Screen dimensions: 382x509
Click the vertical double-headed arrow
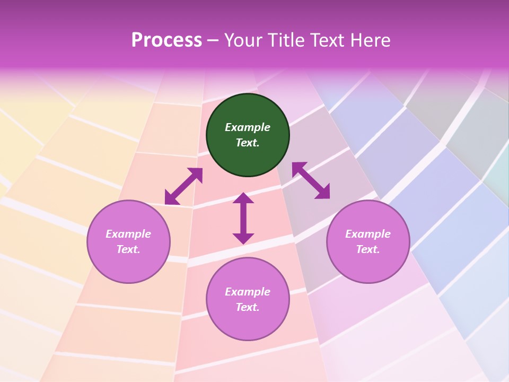[x=243, y=218]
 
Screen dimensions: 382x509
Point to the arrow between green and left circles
[x=183, y=186]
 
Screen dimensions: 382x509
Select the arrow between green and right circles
[x=311, y=180]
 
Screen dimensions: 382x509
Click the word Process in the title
[x=166, y=40]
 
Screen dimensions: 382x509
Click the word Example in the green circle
[x=248, y=127]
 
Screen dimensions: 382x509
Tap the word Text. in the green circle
[x=248, y=143]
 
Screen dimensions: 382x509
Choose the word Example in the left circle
[x=128, y=234]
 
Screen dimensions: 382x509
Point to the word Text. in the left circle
[x=128, y=249]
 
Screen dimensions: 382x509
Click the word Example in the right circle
[x=368, y=234]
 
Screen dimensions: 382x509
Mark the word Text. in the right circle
[x=368, y=249]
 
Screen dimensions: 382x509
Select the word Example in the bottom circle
[x=248, y=292]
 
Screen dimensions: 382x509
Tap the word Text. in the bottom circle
[x=248, y=307]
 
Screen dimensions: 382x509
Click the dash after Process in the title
[x=213, y=41]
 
